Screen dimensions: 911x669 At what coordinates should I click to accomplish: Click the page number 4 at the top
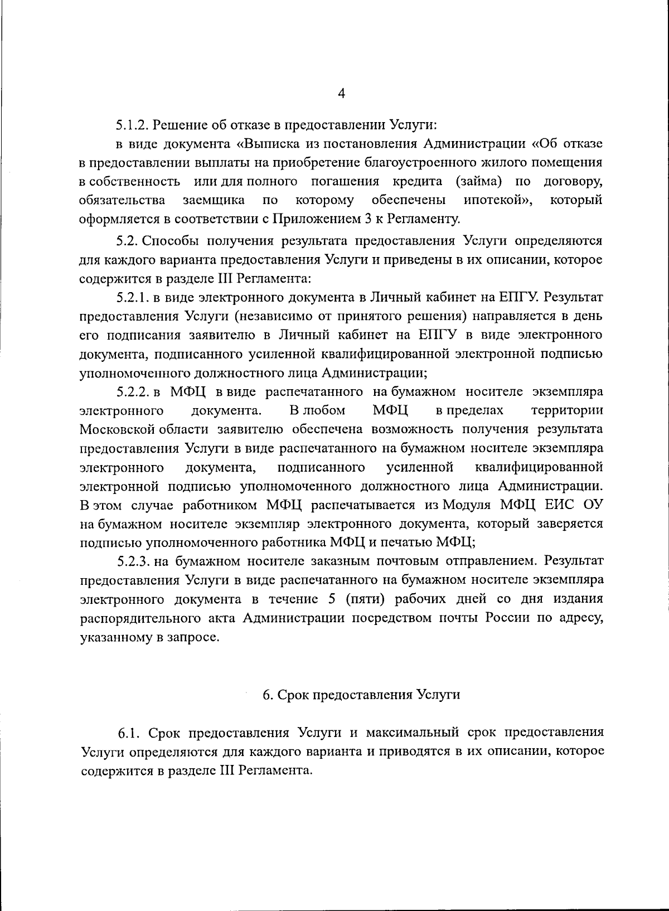click(x=342, y=94)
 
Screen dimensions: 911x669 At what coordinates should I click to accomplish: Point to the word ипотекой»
click(x=498, y=200)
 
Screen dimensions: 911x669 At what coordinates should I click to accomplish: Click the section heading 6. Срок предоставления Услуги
click(x=361, y=695)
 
